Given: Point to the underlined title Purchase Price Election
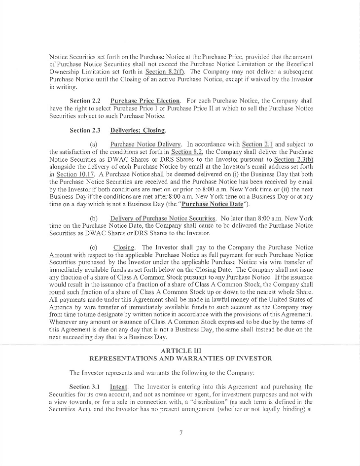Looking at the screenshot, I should tap(145, 101).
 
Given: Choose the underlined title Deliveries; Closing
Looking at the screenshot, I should tap(138, 131).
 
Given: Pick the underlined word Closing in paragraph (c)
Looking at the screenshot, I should tap(124, 248).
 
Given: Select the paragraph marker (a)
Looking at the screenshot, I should tap(93, 144).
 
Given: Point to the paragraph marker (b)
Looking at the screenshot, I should tap(93, 218).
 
